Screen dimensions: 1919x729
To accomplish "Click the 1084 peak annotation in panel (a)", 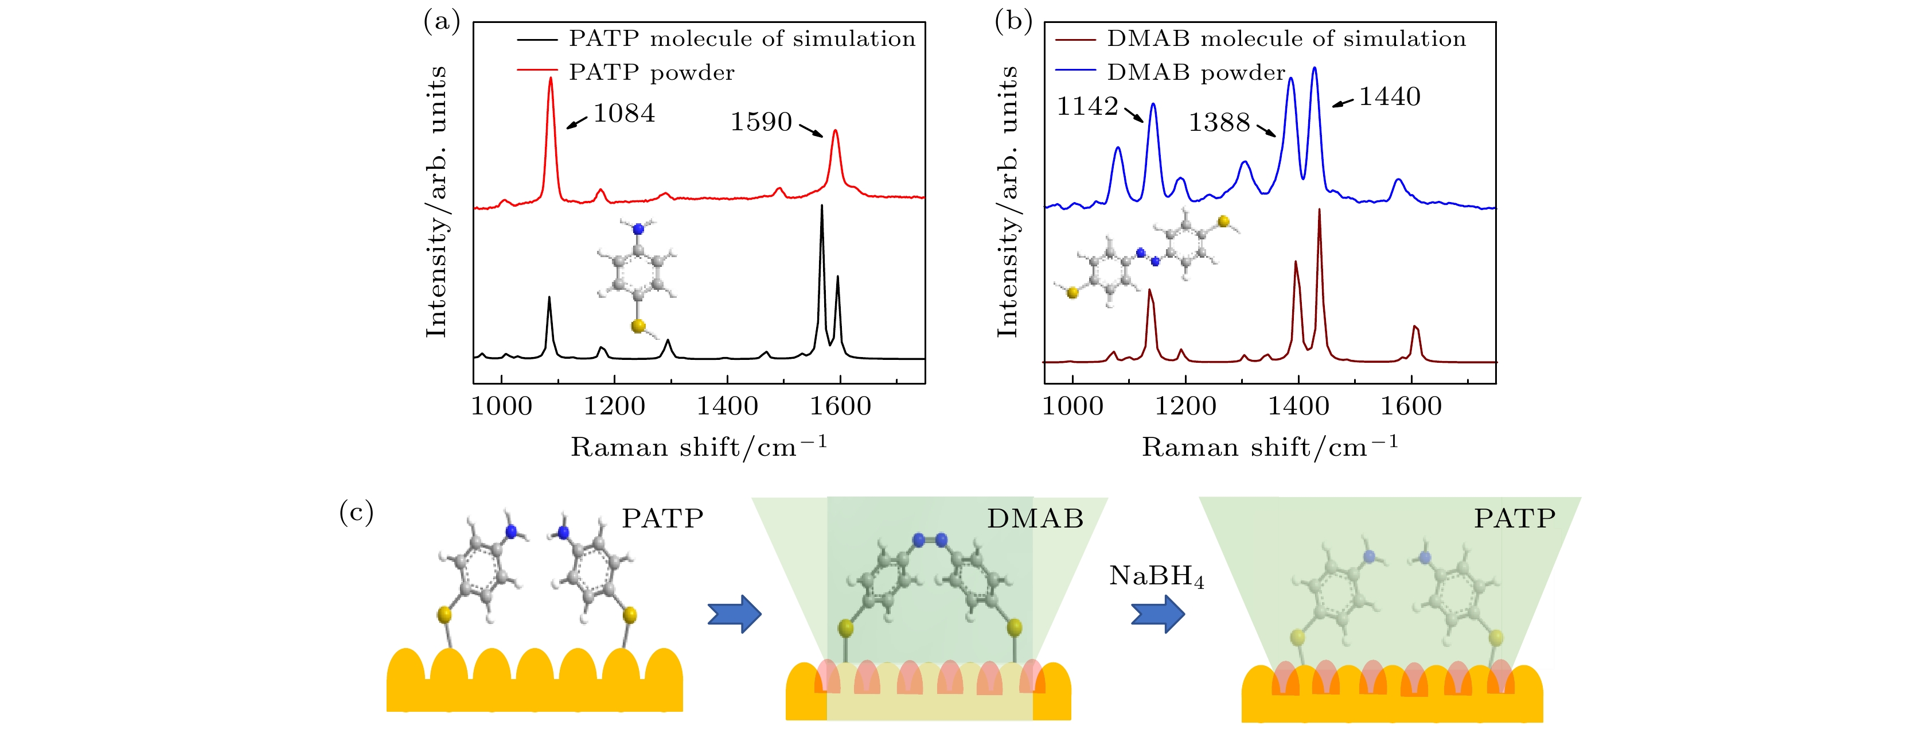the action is coord(624,113).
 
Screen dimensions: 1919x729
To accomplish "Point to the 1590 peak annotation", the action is coord(760,122).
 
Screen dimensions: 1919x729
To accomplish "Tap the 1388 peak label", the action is coord(1219,122).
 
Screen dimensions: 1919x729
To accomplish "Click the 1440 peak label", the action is coord(1389,96).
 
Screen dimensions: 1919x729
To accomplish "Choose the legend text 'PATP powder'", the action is coord(651,72).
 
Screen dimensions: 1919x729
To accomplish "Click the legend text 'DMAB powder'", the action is coord(1196,72).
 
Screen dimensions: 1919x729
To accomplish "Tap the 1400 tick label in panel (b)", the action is coord(1298,406).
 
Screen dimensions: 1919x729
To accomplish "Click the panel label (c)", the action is coord(356,512).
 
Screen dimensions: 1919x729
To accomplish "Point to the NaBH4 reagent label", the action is coord(1156,577).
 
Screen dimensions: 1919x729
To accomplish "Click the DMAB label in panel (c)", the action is coord(1035,519).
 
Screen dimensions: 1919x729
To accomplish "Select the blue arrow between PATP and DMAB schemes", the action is coord(735,614).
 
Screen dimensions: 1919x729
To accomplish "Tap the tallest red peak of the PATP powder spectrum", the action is coord(551,77).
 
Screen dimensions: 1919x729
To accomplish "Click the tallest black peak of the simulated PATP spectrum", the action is coord(822,205).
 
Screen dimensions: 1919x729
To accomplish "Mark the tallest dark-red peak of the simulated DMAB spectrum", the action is coord(1319,210).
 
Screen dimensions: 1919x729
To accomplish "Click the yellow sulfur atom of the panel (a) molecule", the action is coord(638,325).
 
